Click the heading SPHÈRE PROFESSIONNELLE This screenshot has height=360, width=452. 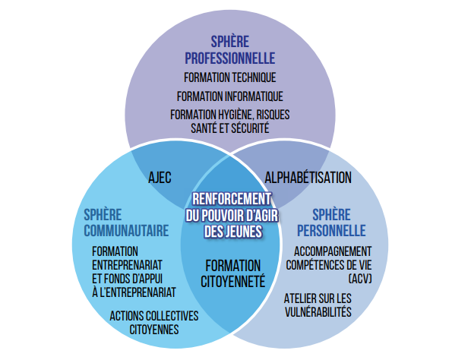pos(229,50)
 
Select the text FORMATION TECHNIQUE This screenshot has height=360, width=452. pos(229,77)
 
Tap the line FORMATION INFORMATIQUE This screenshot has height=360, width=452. pos(229,96)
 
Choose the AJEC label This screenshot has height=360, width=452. pos(160,178)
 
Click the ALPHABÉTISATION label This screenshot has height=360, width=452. pos(308,178)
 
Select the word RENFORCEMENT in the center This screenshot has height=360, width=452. pos(232,199)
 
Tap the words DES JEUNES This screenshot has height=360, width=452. pos(233,232)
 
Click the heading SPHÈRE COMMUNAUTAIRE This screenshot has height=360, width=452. pos(126,223)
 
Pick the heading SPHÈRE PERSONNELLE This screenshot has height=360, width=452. pos(331,223)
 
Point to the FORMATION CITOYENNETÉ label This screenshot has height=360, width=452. pos(233,273)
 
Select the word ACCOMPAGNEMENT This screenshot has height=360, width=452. pos(333,251)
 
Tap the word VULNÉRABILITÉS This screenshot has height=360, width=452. pos(318,312)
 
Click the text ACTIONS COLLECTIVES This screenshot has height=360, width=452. pos(154,316)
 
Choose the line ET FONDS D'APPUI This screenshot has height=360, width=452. pos(127,279)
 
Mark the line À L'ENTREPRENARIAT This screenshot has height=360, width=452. pos(134,292)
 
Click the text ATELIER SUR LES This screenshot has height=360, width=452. pos(318,298)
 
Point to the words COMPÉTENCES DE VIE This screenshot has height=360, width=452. pos(329,265)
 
